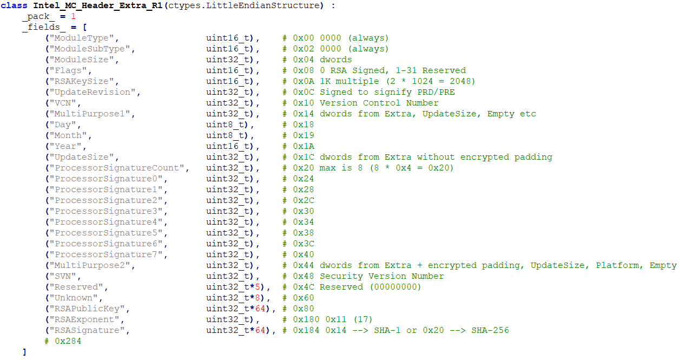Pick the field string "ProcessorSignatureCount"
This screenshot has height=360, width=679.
[x=116, y=168]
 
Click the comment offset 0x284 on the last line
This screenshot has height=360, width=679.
[x=68, y=341]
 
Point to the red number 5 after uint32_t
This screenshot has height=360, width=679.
[x=260, y=287]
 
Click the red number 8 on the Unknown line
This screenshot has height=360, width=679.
[x=260, y=298]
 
